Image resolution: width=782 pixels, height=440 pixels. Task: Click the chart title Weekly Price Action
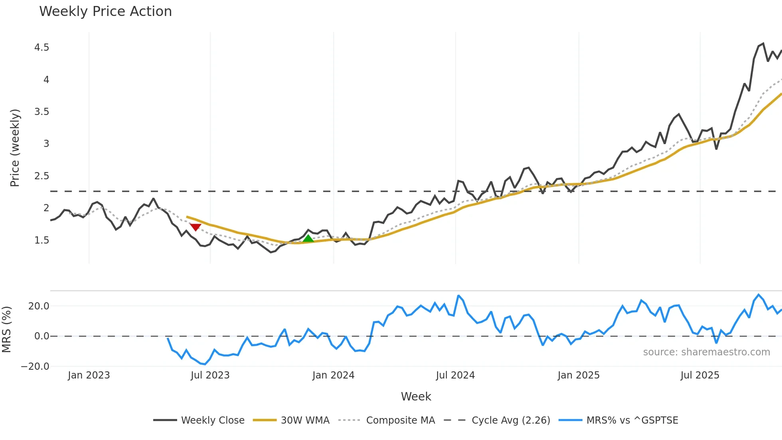[x=105, y=12]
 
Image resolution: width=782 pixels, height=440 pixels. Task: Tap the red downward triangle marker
[x=195, y=227]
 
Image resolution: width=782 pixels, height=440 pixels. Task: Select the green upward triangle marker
[x=308, y=238]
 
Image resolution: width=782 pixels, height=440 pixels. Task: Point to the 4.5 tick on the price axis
[x=42, y=48]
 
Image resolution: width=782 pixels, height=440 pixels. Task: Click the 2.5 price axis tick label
[x=42, y=176]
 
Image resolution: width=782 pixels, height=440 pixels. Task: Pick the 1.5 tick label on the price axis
[x=42, y=240]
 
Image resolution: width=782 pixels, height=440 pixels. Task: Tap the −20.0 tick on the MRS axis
[x=35, y=367]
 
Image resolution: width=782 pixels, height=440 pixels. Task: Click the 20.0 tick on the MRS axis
[x=39, y=306]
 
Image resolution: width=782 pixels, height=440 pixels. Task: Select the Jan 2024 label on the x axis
[x=333, y=375]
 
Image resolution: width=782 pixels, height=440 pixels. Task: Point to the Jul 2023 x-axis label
[x=210, y=375]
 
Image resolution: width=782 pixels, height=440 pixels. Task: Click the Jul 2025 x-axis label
[x=700, y=375]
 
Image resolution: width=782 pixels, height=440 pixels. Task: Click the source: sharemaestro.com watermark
[x=706, y=352]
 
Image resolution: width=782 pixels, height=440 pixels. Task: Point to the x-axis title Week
[x=416, y=396]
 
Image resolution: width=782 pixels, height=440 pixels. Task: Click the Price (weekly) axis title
[x=15, y=148]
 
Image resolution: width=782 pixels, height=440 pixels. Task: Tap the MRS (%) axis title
[x=6, y=329]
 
